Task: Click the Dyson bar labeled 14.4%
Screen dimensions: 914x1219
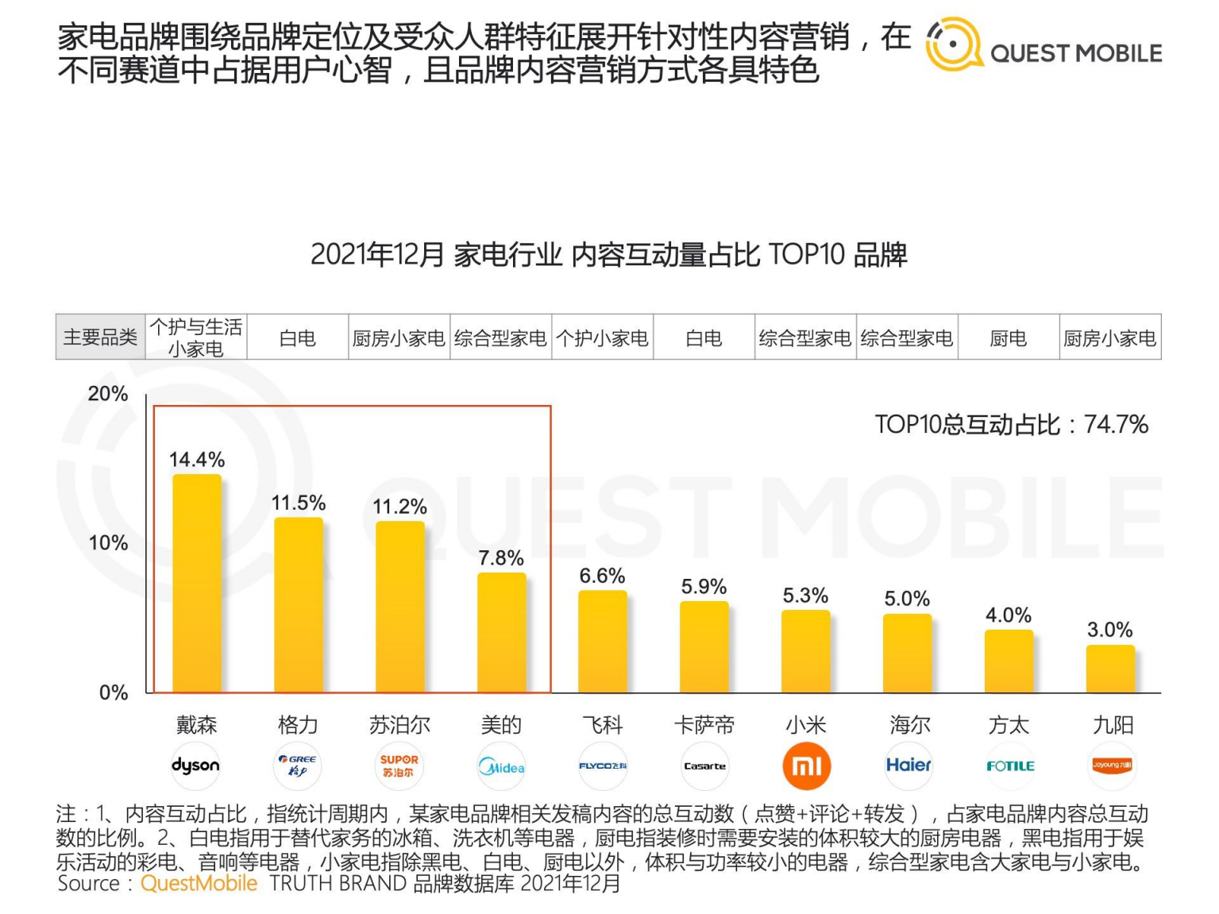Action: pyautogui.click(x=197, y=584)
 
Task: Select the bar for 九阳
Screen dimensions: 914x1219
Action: pyautogui.click(x=1110, y=669)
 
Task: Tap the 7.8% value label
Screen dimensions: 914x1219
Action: pyautogui.click(x=501, y=558)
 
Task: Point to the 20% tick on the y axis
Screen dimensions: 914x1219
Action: pyautogui.click(x=108, y=394)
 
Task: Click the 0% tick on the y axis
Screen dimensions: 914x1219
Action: pyautogui.click(x=114, y=692)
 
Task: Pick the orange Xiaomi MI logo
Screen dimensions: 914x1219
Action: pyautogui.click(x=806, y=766)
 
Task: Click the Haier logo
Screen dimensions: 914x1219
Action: pyautogui.click(x=908, y=766)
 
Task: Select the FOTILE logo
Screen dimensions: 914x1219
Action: pyautogui.click(x=1009, y=766)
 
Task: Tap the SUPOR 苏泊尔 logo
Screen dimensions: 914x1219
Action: pyautogui.click(x=399, y=766)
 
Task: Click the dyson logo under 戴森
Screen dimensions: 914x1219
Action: pyautogui.click(x=195, y=766)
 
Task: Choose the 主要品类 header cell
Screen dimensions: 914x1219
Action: pyautogui.click(x=100, y=337)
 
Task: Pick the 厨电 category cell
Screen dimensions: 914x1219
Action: pyautogui.click(x=1009, y=338)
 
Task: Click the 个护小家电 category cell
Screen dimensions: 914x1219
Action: pyautogui.click(x=602, y=338)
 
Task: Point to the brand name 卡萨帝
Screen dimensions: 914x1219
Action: pyautogui.click(x=704, y=725)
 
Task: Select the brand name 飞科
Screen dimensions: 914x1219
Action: pyautogui.click(x=603, y=725)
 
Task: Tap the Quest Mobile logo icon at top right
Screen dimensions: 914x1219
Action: pyautogui.click(x=953, y=44)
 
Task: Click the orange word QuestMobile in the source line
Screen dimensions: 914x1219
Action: pyautogui.click(x=199, y=884)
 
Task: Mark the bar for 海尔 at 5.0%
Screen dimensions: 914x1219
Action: pyautogui.click(x=908, y=653)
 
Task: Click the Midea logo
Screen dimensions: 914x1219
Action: pyautogui.click(x=501, y=766)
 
